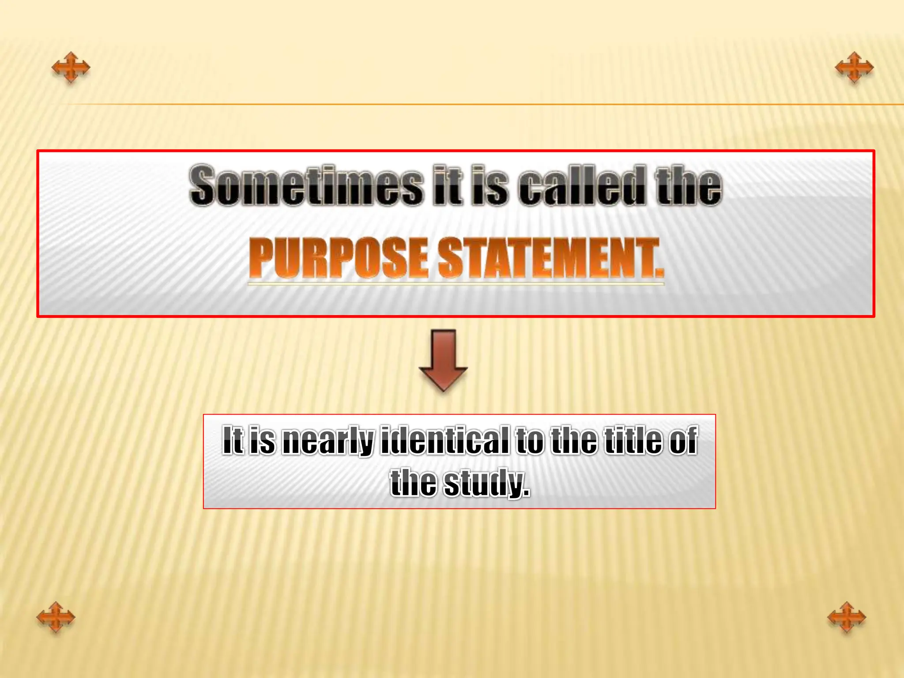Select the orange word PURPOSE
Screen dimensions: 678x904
[x=339, y=258]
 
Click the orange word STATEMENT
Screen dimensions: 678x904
[x=550, y=258]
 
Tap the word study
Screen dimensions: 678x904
[x=486, y=483]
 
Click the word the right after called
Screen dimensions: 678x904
[x=689, y=185]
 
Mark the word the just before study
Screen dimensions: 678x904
[x=414, y=483]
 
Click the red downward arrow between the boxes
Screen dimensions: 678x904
[x=443, y=360]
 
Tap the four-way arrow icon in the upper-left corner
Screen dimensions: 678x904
[x=71, y=68]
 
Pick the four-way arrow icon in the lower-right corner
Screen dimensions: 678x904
[x=847, y=617]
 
